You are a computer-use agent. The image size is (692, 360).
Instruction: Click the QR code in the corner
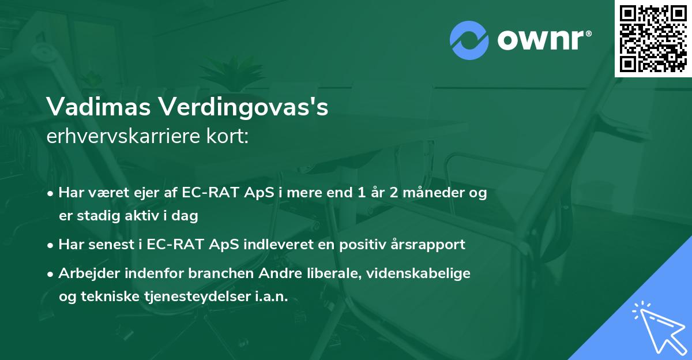point(653,39)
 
